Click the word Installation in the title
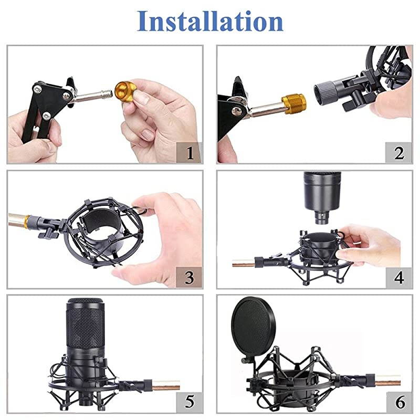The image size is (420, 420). tap(210, 21)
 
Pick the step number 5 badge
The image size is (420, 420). tap(190, 402)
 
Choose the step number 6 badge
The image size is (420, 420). tap(399, 402)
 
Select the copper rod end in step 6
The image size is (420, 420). tap(387, 380)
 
